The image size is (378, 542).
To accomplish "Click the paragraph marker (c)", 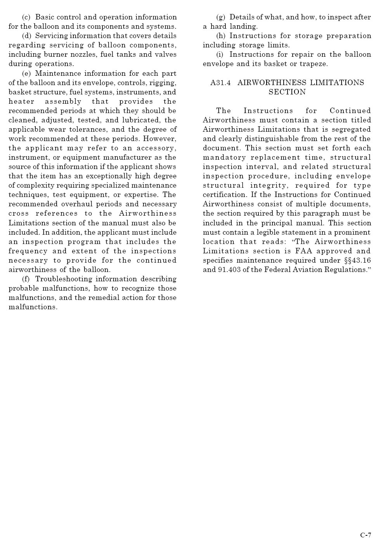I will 26,17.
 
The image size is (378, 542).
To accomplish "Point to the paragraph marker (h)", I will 220,36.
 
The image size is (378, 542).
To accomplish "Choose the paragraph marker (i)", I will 220,54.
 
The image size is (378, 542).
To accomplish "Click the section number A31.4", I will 220,83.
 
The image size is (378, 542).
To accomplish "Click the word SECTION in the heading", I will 287,92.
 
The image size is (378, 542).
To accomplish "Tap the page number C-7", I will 366,535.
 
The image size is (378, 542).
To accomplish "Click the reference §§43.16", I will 357,260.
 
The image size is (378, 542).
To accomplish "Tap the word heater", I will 21,101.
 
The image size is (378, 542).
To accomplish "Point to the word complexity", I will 33,185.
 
